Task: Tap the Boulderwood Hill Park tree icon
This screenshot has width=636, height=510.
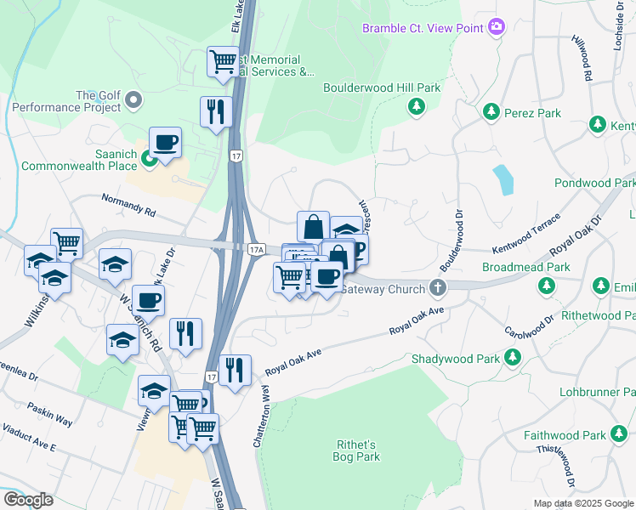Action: coord(416,106)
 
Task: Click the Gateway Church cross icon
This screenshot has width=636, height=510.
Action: coord(438,289)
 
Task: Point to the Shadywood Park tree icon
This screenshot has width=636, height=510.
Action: coord(513,358)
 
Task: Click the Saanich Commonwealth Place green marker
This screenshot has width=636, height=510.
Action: coord(148,157)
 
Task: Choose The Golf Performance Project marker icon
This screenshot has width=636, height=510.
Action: coord(133,102)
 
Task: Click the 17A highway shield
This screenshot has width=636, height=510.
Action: coord(256,249)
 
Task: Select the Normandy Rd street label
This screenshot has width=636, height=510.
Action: coord(129,207)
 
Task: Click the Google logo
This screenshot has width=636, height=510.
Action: coord(28,499)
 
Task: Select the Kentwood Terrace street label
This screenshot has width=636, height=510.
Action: coord(526,235)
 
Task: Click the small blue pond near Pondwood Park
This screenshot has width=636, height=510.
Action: coord(503,178)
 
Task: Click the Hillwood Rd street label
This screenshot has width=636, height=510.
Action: coord(582,58)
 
